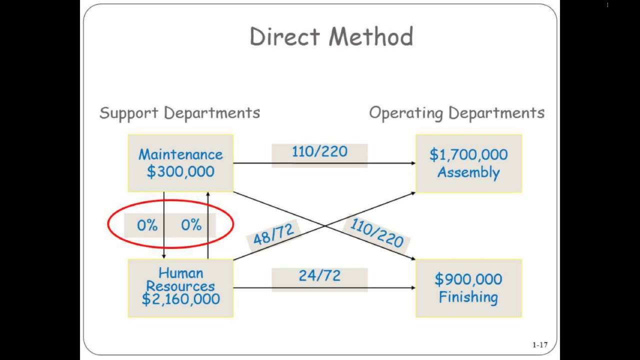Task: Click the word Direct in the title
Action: (x=285, y=37)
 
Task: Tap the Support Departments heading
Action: (x=179, y=113)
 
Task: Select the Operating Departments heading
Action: (x=456, y=113)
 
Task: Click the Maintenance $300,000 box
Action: (x=180, y=163)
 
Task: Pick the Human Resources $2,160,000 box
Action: (x=180, y=287)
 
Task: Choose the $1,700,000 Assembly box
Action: (x=468, y=163)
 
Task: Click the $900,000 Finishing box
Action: (x=468, y=288)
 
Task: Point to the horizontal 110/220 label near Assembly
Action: (x=319, y=151)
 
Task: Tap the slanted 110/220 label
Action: (x=376, y=233)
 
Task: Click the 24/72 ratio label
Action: (x=319, y=275)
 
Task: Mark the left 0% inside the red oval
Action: (x=147, y=225)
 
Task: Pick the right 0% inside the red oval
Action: (x=191, y=225)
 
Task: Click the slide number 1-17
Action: (x=539, y=345)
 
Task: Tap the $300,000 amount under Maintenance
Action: (x=180, y=172)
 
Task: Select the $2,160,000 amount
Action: (x=180, y=299)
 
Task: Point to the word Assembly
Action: (x=468, y=172)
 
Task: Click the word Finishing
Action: (x=468, y=297)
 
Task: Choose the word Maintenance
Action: (x=180, y=154)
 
